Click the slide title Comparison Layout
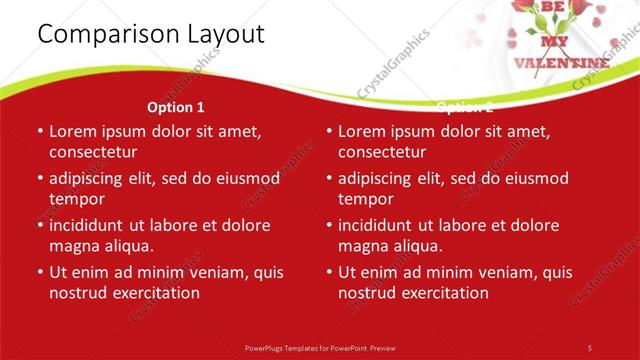coord(151,34)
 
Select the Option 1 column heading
coord(176,107)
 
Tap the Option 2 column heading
coord(464,107)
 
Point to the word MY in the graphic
coord(553,42)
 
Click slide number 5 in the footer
coord(590,347)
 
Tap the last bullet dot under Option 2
coord(329,272)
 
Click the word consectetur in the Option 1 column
coord(93,152)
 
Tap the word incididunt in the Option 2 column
coord(379,226)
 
